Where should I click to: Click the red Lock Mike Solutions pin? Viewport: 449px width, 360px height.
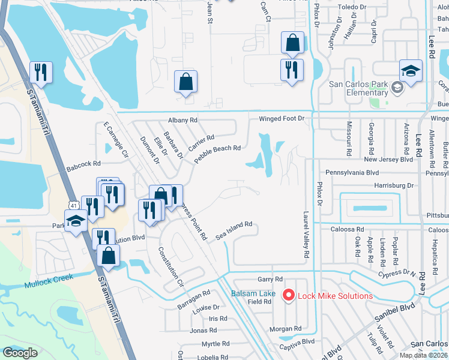coord(289,295)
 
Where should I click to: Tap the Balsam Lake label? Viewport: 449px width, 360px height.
coord(254,293)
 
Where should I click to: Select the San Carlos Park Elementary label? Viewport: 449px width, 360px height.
coord(358,88)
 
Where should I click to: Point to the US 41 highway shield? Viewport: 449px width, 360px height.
coord(72,205)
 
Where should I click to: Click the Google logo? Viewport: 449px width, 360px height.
coord(19,353)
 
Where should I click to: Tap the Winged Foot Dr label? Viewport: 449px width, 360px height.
coord(282,119)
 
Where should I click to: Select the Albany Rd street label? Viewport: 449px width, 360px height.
coord(183,120)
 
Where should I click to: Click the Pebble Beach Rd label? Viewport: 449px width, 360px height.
coord(217,148)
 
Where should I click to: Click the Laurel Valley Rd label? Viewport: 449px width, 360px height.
coord(306,234)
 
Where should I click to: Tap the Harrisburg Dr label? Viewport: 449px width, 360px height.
coord(394,186)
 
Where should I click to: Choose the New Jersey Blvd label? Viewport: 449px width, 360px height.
coord(388,160)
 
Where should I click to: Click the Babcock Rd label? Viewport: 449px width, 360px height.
coord(83,163)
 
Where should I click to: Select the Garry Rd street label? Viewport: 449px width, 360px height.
coord(270,279)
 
